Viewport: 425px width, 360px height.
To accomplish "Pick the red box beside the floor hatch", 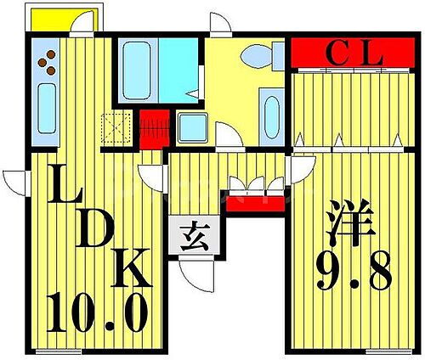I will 153,127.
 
